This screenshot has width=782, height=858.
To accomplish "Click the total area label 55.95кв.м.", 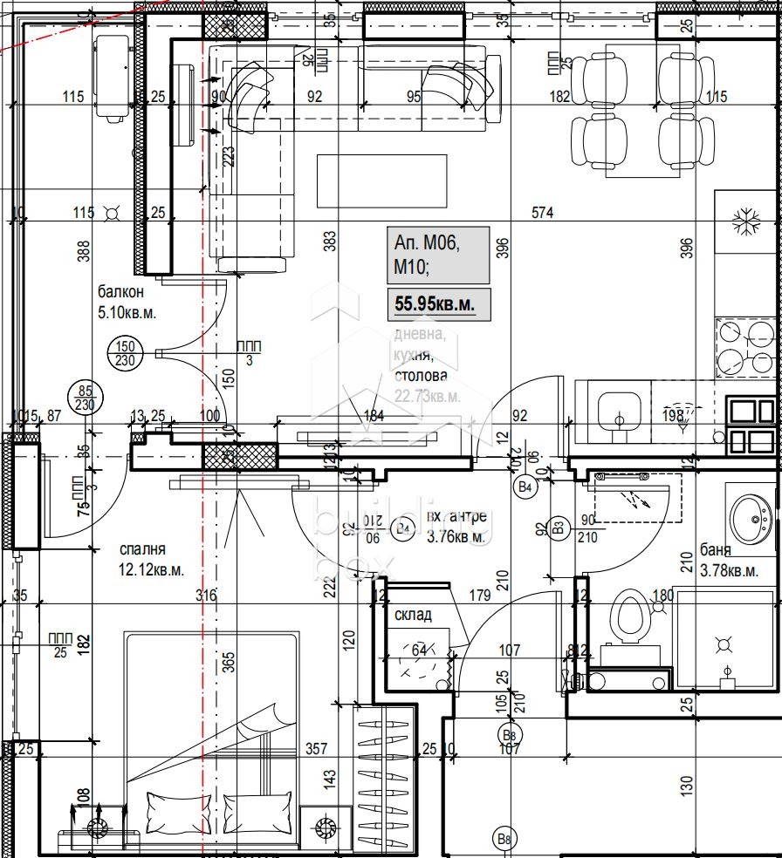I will point(437,305).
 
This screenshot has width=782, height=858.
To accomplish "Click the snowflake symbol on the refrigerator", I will point(746,221).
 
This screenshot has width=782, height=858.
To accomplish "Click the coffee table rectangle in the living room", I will point(381,180).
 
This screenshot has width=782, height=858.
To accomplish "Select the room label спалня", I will point(143,550).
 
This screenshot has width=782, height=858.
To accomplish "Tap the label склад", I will point(413,615).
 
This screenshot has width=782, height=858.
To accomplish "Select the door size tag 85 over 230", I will point(85,398).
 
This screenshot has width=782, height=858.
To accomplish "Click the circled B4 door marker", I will point(525,487).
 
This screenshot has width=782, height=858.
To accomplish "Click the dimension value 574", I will point(544,212).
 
